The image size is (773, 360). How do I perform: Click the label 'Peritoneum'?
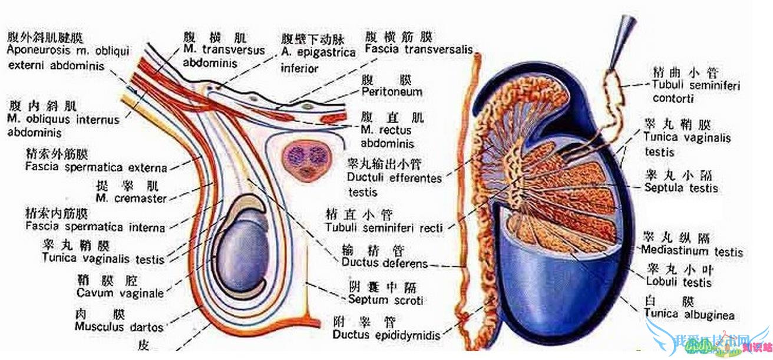tap(392, 92)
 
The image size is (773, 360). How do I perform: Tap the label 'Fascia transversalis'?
tap(418, 49)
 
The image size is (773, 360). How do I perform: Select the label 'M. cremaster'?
tap(131, 199)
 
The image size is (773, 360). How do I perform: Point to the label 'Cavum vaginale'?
tap(120, 292)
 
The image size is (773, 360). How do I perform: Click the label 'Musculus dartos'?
tap(119, 325)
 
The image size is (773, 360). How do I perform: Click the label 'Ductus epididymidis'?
tap(386, 335)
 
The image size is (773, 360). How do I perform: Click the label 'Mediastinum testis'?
tap(693, 251)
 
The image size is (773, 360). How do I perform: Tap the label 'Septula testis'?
tap(681, 188)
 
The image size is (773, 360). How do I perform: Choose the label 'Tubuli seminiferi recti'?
tap(384, 227)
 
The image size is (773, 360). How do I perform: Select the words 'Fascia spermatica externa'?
tap(96, 167)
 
